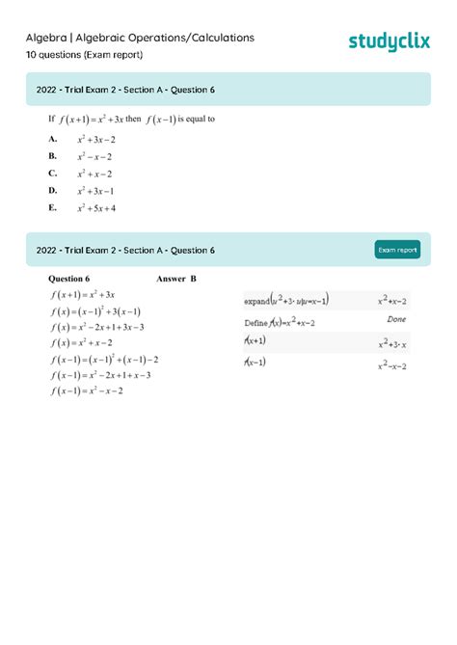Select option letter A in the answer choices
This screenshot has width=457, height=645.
tap(52, 139)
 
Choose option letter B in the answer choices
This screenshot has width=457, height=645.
tap(52, 156)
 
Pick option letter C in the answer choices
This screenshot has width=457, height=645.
tap(52, 174)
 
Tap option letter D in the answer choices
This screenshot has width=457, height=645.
tap(52, 190)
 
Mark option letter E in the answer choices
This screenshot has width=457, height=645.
tap(52, 207)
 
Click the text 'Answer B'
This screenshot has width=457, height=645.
tap(175, 280)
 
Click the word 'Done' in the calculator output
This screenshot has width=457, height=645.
tap(396, 319)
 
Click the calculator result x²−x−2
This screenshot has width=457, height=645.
tap(392, 364)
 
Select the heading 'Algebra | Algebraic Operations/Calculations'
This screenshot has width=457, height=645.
tap(140, 38)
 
